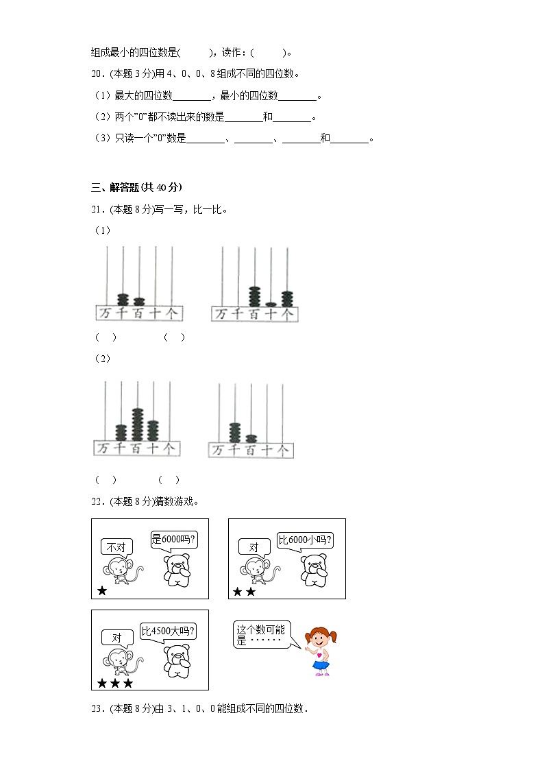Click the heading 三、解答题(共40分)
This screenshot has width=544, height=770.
click(x=136, y=187)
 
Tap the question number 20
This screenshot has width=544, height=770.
click(x=97, y=74)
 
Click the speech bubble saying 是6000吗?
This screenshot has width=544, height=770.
click(x=174, y=539)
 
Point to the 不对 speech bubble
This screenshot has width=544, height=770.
click(x=116, y=547)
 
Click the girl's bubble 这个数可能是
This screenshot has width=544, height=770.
click(x=263, y=635)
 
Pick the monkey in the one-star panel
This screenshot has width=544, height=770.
click(x=120, y=570)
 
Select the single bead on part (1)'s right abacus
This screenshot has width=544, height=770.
click(x=271, y=304)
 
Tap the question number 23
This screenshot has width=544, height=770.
click(x=97, y=710)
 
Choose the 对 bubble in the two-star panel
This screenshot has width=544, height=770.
click(x=254, y=547)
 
